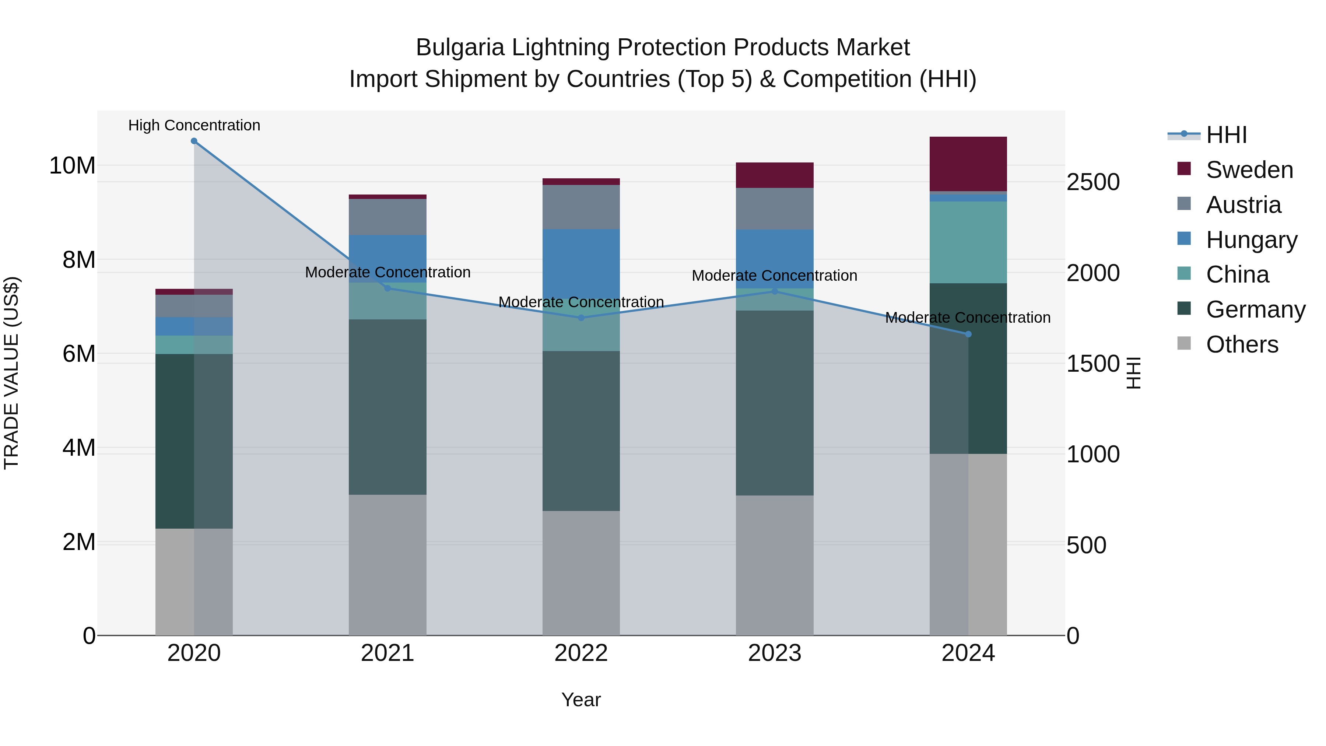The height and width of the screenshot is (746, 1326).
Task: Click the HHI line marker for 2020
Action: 194,141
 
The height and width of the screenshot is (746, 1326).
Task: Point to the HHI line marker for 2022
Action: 581,318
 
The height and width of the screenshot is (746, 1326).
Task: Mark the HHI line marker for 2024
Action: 968,334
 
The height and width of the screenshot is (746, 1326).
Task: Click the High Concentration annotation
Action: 194,125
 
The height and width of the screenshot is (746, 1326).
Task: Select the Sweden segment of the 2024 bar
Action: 968,164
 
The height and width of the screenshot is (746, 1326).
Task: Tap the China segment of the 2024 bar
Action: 968,242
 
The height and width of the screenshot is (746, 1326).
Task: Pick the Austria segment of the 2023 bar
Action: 775,209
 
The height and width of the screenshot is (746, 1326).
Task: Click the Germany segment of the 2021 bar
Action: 387,407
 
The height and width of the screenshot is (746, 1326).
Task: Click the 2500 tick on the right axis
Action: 1093,182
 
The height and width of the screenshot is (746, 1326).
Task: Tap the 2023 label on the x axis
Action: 775,653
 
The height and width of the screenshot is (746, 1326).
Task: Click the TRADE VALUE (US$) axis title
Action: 11,373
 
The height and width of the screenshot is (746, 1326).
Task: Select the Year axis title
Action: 581,700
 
